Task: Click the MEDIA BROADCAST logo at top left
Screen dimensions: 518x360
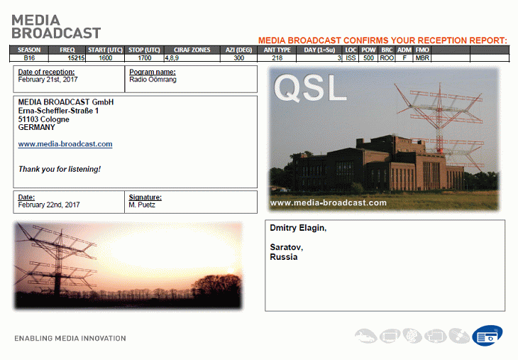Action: point(56,27)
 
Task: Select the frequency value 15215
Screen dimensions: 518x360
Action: point(76,58)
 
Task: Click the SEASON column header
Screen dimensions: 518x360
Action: point(29,50)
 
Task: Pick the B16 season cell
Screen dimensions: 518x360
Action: point(29,58)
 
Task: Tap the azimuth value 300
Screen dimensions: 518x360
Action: point(238,58)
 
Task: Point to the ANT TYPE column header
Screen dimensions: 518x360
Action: point(277,50)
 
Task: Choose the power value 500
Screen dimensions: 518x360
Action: point(368,58)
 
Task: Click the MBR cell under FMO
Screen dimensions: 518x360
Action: point(422,58)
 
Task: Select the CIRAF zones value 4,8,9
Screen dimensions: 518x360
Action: point(172,58)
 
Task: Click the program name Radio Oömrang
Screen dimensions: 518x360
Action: point(153,80)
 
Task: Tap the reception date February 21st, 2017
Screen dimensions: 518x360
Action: point(48,80)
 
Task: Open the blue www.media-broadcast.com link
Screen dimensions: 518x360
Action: point(65,144)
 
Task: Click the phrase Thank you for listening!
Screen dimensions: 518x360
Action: point(60,169)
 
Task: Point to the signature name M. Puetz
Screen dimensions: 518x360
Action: point(142,205)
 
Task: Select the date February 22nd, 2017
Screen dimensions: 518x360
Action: point(49,205)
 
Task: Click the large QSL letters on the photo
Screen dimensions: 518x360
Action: point(310,87)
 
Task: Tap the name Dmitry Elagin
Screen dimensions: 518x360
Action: point(298,228)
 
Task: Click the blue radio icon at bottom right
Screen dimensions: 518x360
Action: point(487,336)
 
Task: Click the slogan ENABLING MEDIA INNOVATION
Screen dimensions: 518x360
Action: point(70,339)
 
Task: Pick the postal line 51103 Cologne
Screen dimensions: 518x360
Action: point(43,119)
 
